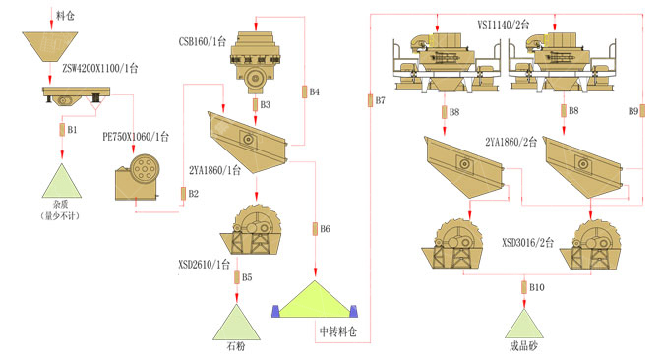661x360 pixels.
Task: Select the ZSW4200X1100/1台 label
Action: click(100, 68)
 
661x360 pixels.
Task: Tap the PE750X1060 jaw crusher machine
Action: click(138, 177)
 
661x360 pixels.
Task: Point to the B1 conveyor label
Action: click(72, 130)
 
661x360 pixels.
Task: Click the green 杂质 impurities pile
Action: click(62, 181)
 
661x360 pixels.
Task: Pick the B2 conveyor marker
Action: click(183, 194)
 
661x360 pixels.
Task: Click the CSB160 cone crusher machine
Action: click(255, 62)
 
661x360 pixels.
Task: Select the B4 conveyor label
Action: click(315, 91)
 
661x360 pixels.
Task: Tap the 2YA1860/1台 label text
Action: click(214, 170)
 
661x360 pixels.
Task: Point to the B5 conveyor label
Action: click(247, 277)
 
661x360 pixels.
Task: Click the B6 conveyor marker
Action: click(315, 229)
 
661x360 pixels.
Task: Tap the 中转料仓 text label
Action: click(338, 331)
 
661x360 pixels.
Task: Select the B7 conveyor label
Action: click(381, 100)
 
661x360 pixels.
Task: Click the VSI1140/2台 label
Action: click(503, 24)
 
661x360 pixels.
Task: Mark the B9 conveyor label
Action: click(633, 111)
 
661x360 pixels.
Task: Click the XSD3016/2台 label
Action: click(527, 242)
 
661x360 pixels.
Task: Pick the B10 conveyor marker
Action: click(537, 287)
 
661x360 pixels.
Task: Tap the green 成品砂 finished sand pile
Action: click(524, 325)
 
